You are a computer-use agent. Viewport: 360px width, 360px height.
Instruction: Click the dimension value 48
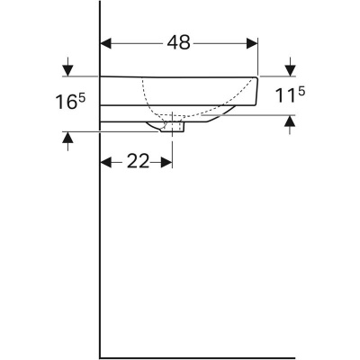click(x=179, y=42)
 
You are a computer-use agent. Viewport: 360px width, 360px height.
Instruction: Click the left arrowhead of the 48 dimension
click(x=104, y=42)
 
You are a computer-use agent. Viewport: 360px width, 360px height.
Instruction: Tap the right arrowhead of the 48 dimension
click(x=254, y=42)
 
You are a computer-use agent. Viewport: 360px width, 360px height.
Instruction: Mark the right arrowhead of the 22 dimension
click(x=166, y=162)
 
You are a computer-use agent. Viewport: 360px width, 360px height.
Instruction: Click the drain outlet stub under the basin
click(x=175, y=129)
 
